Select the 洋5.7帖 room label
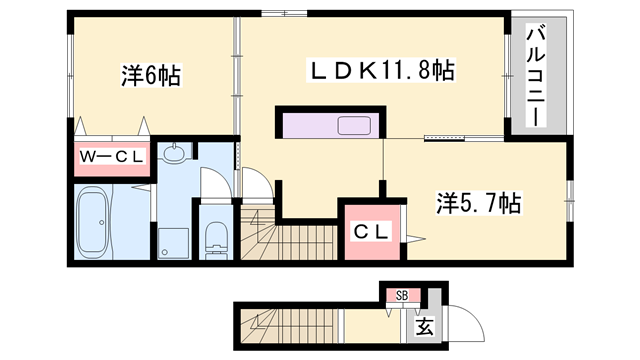pos(477,203)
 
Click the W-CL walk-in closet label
pos(111,156)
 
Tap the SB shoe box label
pos(401,295)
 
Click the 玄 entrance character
pos(423,326)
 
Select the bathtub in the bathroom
pos(99,222)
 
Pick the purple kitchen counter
pos(330,126)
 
